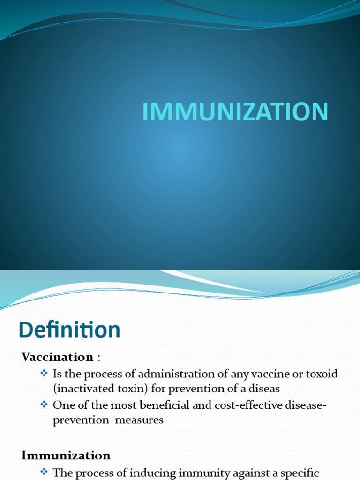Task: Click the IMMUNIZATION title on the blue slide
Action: pos(235,112)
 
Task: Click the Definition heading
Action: pos(69,330)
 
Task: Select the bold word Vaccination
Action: pos(58,357)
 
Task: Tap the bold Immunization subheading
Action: pos(66,456)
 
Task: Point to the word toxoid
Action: pos(321,375)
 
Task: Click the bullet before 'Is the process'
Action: pos(45,374)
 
